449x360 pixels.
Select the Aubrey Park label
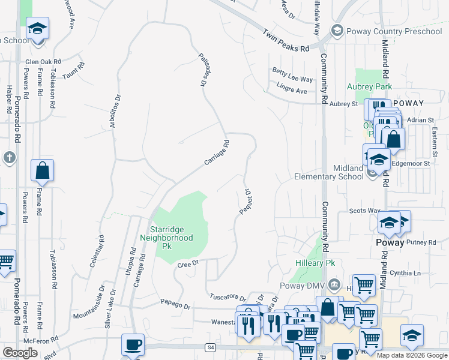click(x=369, y=86)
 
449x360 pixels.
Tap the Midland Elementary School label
click(x=329, y=173)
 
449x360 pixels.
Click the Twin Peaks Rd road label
click(x=286, y=40)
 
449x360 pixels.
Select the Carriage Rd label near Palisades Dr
click(x=217, y=153)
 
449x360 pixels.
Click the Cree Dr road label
click(x=187, y=263)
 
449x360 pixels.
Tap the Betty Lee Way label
click(x=292, y=78)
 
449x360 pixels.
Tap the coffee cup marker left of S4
click(x=133, y=344)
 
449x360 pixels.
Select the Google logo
click(x=20, y=353)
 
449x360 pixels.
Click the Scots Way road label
click(x=365, y=211)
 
